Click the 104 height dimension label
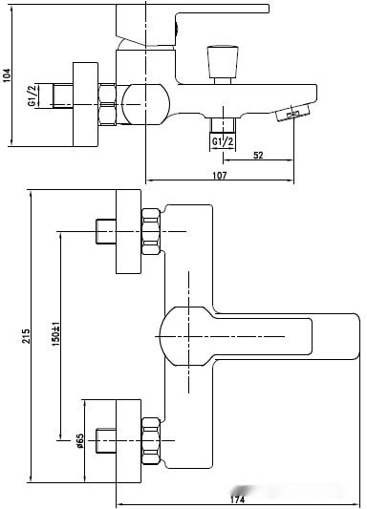click(x=7, y=75)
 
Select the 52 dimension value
click(x=258, y=155)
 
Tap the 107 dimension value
click(x=220, y=176)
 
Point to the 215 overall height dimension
click(x=26, y=336)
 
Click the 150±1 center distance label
click(x=55, y=334)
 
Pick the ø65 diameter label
click(x=80, y=441)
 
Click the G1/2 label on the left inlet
click(x=32, y=96)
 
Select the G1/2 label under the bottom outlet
click(x=223, y=141)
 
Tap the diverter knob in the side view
click(x=223, y=65)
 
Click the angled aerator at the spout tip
click(x=292, y=113)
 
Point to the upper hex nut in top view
click(x=151, y=231)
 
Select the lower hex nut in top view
click(x=151, y=441)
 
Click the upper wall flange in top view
click(x=129, y=231)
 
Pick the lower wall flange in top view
click(x=129, y=441)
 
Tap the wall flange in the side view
click(x=85, y=104)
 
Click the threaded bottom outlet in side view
click(x=223, y=125)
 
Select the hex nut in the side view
click(x=107, y=104)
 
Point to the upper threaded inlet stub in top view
click(x=106, y=231)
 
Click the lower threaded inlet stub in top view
click(x=106, y=441)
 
